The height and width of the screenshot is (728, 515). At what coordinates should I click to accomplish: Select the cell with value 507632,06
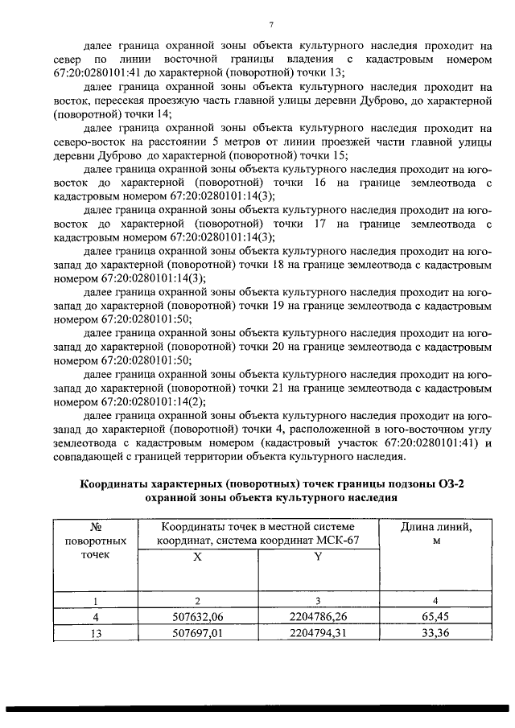coord(197,617)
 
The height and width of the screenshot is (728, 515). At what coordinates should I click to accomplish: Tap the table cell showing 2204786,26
coord(319,617)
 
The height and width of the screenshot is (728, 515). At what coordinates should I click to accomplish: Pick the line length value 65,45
coord(435,617)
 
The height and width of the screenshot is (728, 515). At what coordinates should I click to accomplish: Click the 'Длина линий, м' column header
coord(435,533)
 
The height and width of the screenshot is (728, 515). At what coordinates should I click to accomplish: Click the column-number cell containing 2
coord(197,600)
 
